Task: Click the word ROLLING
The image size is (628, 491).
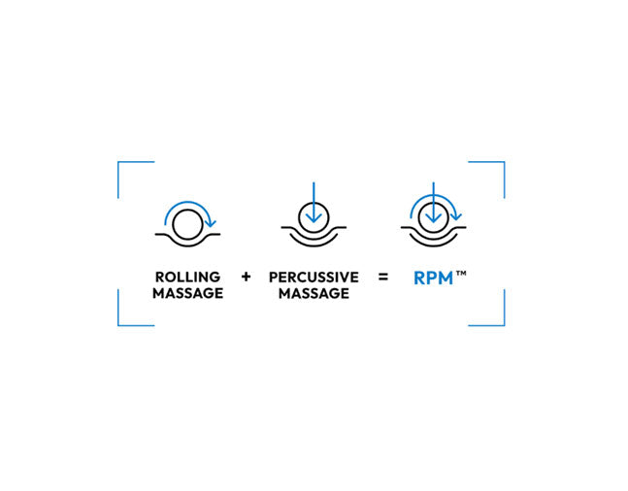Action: [187, 277]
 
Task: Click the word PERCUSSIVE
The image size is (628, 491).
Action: [314, 278]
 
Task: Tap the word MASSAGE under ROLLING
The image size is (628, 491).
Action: [188, 293]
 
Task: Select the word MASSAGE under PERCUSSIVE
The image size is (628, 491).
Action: [314, 294]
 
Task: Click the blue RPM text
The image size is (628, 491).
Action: [433, 278]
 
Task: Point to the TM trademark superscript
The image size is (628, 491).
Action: [461, 274]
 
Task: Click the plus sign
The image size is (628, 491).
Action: [246, 277]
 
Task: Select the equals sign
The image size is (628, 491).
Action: [383, 277]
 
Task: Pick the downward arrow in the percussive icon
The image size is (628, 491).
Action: [314, 202]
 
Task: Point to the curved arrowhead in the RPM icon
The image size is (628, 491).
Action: [456, 216]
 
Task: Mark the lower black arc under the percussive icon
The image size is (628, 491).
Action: [314, 245]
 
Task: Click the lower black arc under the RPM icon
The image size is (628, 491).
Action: [433, 245]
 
